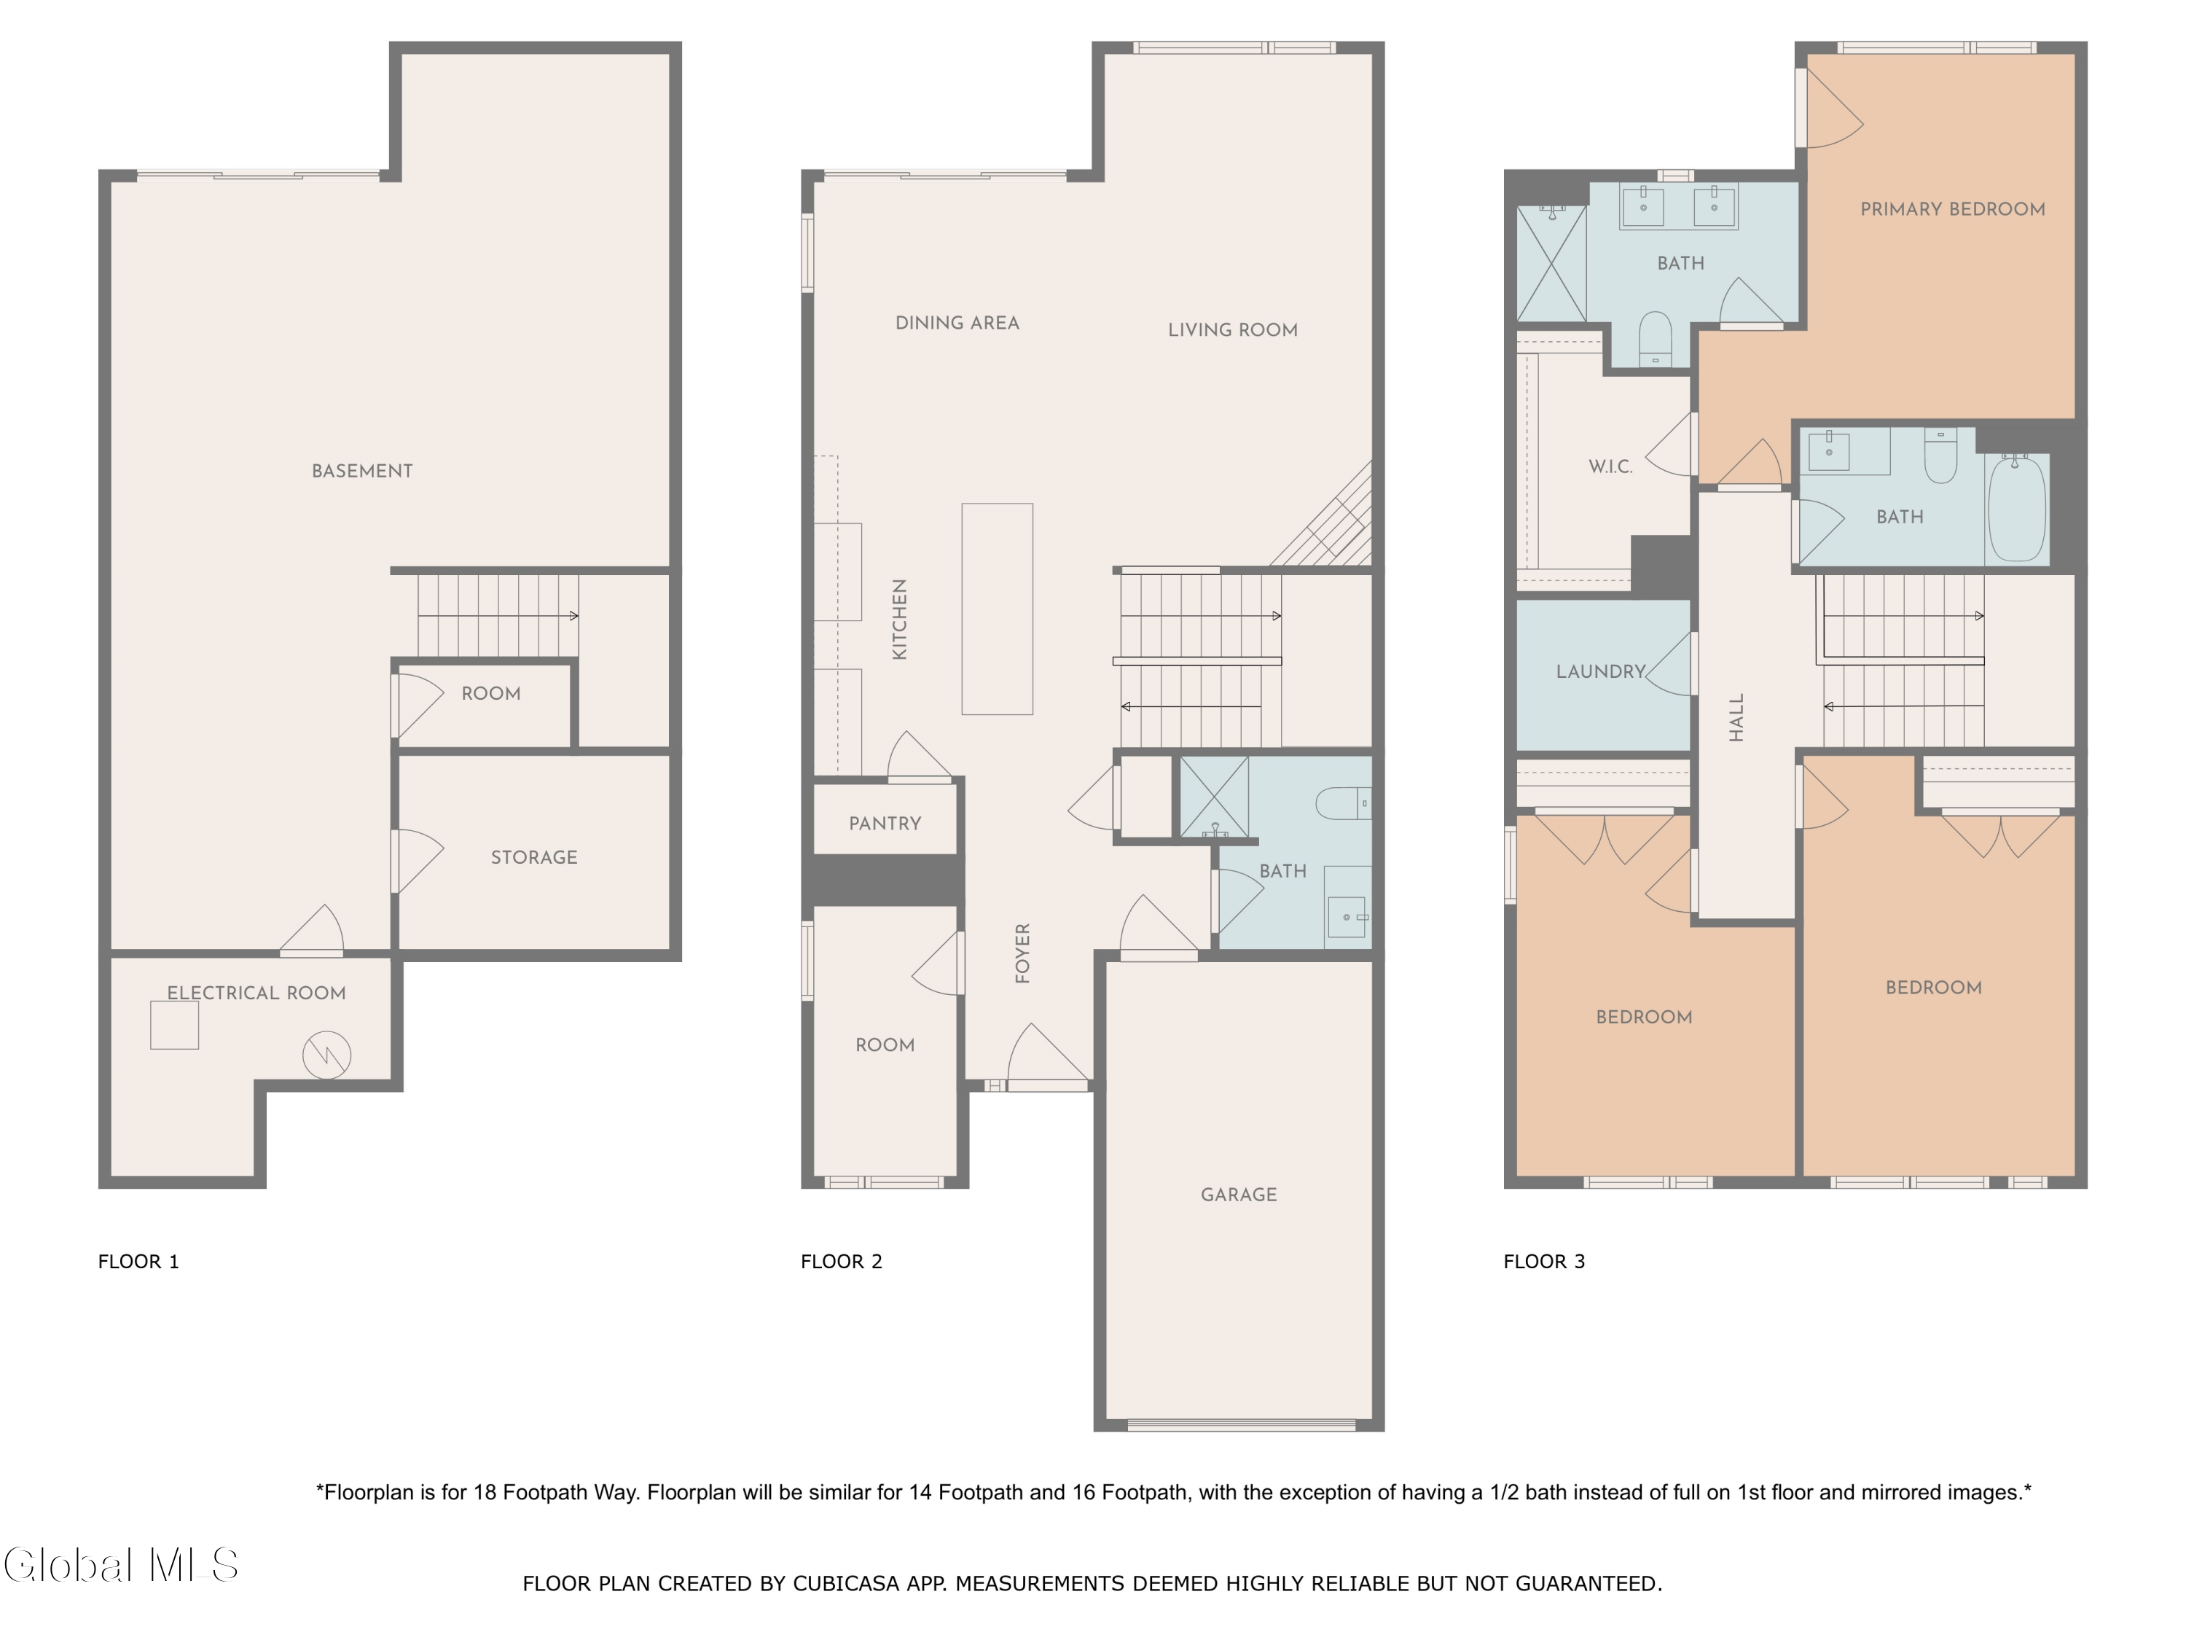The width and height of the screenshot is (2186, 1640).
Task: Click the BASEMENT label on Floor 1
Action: [x=361, y=472]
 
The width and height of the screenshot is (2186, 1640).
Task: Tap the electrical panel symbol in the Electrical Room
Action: [x=326, y=1055]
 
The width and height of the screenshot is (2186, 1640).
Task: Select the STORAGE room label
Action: [x=533, y=857]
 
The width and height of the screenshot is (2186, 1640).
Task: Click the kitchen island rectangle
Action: [x=997, y=609]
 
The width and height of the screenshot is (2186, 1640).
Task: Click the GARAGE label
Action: [x=1238, y=1194]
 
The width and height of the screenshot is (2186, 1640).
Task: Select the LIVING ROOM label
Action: [x=1232, y=330]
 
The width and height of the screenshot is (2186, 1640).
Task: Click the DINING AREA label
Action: [x=957, y=323]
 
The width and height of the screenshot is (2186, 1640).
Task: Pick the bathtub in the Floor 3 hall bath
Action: [x=2016, y=509]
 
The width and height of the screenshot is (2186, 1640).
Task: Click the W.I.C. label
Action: [x=1610, y=466]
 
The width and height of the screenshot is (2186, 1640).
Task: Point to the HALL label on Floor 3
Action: [x=1736, y=716]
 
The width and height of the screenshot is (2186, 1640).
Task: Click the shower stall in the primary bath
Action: [x=1551, y=264]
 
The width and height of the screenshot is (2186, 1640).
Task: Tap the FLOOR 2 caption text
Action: [x=841, y=1262]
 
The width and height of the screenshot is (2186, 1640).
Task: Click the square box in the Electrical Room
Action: [x=174, y=1025]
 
